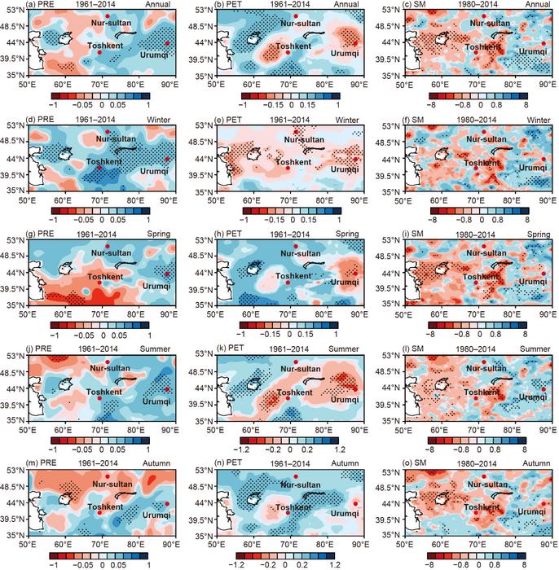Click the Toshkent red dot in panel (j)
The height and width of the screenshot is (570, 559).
[x=99, y=398]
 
